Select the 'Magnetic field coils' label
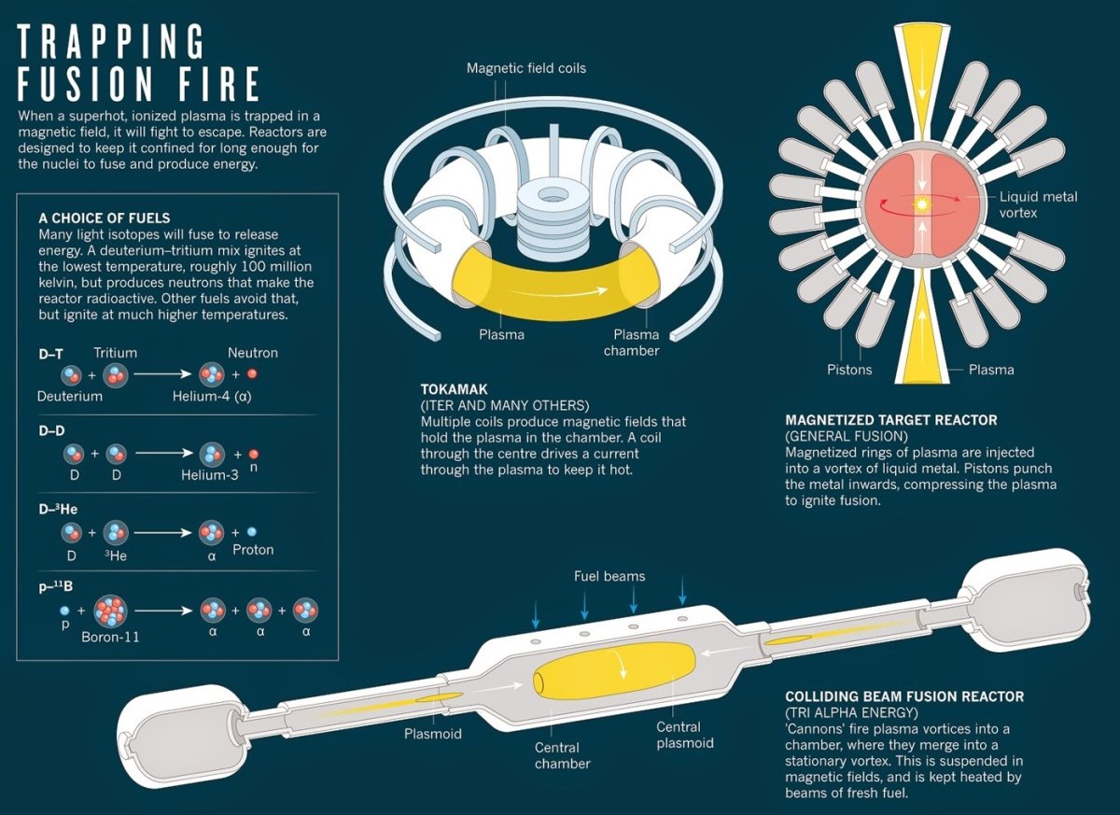526,68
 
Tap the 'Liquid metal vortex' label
1038,204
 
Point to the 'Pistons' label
848,370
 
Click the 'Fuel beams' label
609,576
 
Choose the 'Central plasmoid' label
685,735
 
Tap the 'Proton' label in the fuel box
253,550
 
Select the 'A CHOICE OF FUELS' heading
105,217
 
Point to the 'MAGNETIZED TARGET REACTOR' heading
891,420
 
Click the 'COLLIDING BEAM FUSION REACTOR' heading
904,696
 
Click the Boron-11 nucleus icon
110,611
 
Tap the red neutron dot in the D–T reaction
252,374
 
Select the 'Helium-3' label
210,474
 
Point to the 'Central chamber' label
563,755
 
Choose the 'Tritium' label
115,352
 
